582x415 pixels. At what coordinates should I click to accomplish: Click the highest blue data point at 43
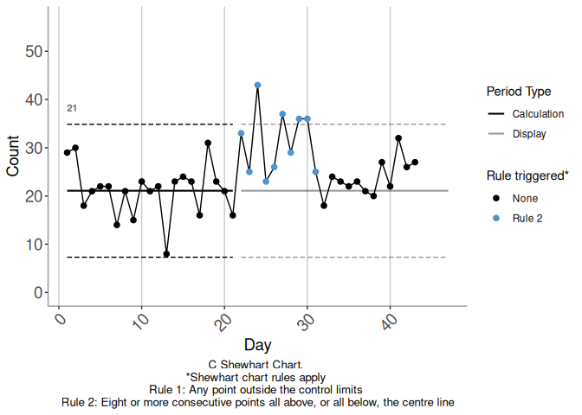click(258, 86)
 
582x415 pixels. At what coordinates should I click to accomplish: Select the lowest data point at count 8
click(166, 254)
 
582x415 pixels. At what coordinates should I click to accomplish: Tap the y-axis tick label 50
click(36, 52)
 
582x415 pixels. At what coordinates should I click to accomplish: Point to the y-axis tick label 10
click(36, 245)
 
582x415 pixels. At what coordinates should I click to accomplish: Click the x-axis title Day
click(257, 345)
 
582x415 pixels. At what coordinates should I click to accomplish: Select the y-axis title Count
click(13, 156)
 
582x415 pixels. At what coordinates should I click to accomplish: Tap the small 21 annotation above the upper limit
click(72, 108)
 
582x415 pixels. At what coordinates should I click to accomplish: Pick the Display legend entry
click(529, 133)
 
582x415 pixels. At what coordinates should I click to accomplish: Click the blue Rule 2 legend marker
click(496, 219)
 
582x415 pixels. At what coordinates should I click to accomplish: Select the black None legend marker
click(496, 199)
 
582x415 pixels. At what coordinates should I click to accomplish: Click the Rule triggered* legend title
click(527, 176)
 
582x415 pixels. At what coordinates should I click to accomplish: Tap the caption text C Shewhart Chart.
click(255, 366)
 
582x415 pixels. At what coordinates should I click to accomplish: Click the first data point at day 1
click(68, 153)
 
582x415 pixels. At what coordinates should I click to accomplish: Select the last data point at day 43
click(416, 163)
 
